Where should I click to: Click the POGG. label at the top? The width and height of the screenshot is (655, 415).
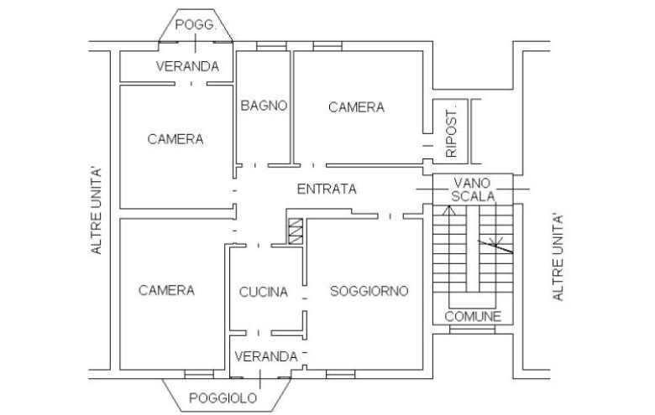(196, 26)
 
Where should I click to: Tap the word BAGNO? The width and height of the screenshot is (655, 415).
(264, 106)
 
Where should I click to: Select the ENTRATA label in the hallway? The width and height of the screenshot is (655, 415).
(327, 189)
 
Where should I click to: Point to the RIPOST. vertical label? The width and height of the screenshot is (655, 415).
(451, 132)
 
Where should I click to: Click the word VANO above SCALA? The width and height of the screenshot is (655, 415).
(472, 182)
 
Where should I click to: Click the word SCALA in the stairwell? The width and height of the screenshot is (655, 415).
(472, 195)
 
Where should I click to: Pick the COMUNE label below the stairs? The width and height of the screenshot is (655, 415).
(473, 316)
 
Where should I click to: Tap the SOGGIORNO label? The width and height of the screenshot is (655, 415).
(369, 292)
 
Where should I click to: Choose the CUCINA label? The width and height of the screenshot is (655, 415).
(264, 293)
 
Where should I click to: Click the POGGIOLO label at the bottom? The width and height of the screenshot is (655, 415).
(223, 397)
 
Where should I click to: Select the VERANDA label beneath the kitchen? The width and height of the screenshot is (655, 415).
(265, 356)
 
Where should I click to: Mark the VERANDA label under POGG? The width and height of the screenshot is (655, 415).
(188, 66)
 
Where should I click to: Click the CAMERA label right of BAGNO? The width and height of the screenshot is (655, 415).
(356, 107)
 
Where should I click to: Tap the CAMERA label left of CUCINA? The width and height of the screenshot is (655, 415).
(166, 290)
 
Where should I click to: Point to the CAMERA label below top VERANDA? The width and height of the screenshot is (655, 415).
(176, 139)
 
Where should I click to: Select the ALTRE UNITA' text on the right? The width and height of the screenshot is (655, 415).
(558, 257)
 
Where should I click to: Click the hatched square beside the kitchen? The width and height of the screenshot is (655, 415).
(295, 231)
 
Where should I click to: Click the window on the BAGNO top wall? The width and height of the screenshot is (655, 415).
(271, 45)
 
